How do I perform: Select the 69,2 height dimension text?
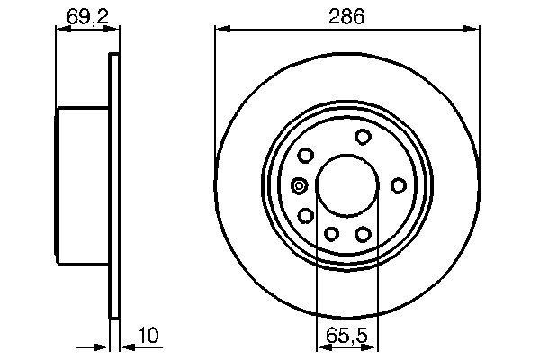(x=83, y=15)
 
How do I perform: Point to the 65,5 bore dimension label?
(x=346, y=337)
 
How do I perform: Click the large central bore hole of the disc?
(x=346, y=185)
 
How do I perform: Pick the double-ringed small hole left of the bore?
(x=300, y=186)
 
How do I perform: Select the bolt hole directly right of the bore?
(x=398, y=185)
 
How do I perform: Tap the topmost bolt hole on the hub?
(x=364, y=137)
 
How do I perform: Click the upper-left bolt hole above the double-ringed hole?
(x=307, y=156)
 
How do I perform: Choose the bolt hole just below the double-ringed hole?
(x=306, y=215)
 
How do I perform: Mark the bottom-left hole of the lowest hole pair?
(x=330, y=235)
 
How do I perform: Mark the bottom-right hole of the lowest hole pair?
(x=364, y=234)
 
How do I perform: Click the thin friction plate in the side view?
(x=114, y=185)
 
